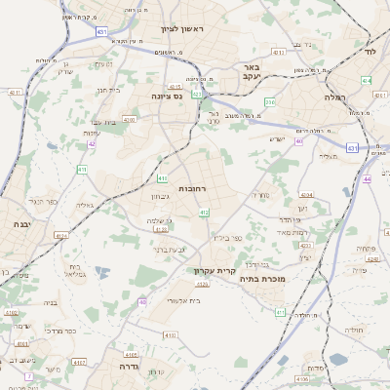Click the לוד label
[370, 50]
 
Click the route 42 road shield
[92, 143]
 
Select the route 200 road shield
[270, 101]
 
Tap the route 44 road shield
[367, 179]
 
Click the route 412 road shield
[204, 212]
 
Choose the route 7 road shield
[29, 375]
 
